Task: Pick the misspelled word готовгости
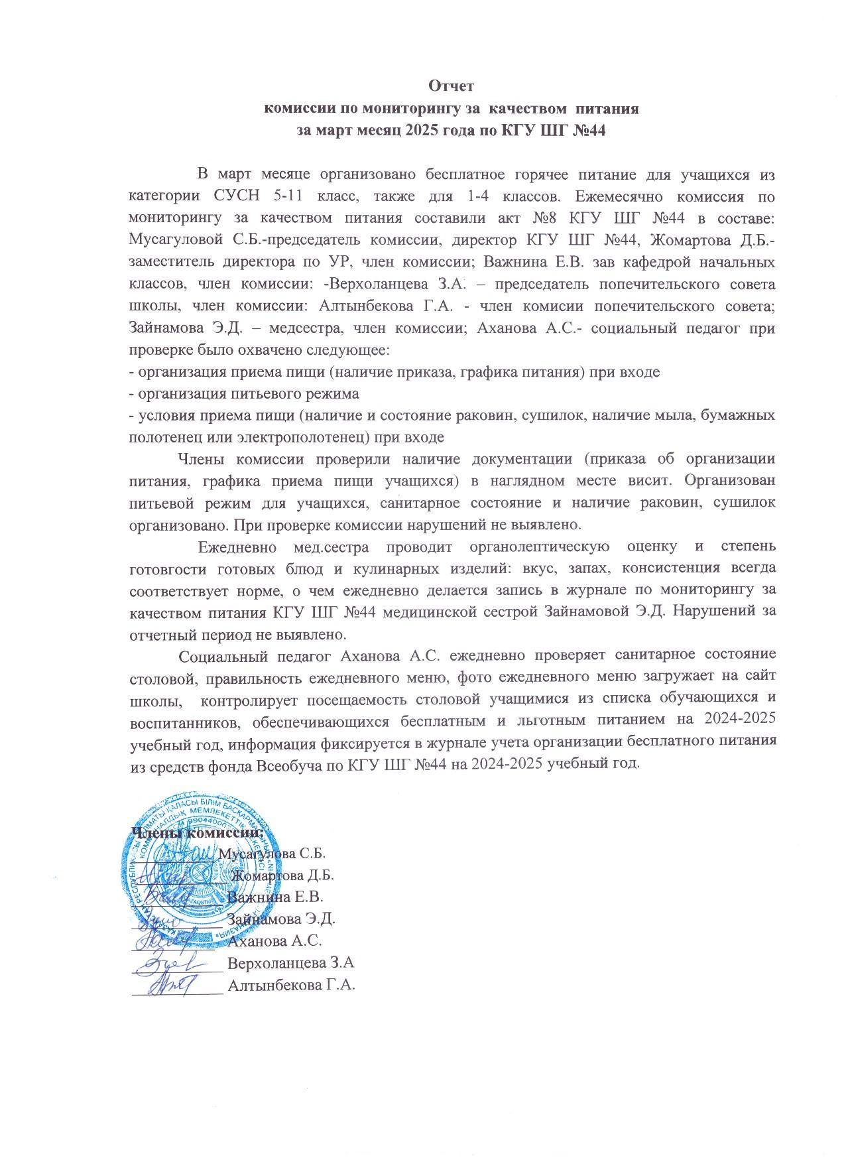tap(168, 568)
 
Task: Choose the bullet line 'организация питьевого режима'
tap(244, 393)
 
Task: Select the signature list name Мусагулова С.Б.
tap(272, 854)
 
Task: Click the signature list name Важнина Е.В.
tap(275, 897)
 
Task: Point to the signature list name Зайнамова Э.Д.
tap(282, 919)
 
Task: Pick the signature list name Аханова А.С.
tap(274, 941)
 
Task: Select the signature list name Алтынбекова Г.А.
tap(292, 985)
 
